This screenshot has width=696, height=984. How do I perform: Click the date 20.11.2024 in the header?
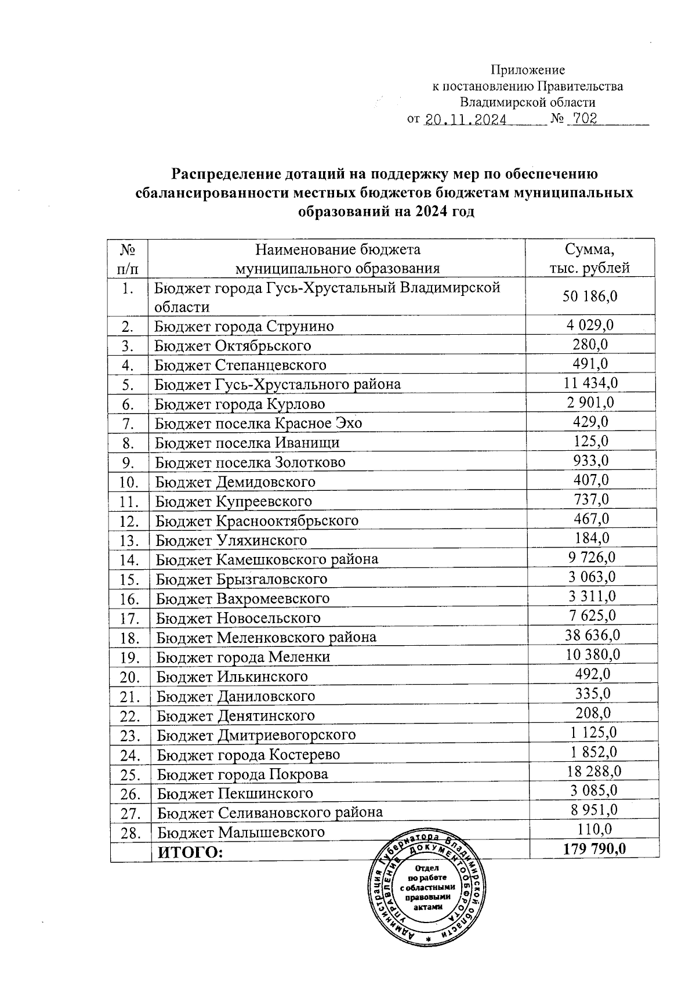point(466,120)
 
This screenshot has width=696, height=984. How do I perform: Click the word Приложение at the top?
point(528,70)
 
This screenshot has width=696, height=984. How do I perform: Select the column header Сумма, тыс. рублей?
point(589,259)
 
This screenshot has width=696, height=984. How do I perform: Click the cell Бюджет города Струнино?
point(244,326)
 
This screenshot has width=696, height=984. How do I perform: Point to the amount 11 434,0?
point(590,383)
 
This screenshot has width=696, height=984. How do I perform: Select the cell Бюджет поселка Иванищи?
point(247,443)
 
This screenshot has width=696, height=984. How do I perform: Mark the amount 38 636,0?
point(592,635)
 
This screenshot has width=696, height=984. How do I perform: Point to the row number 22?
point(130,716)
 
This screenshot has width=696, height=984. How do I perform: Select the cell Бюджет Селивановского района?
point(270,812)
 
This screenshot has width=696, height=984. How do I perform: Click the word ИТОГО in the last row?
point(191,852)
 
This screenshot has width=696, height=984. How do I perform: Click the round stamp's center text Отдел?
point(427,868)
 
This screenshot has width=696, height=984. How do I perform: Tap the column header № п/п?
point(128,259)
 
